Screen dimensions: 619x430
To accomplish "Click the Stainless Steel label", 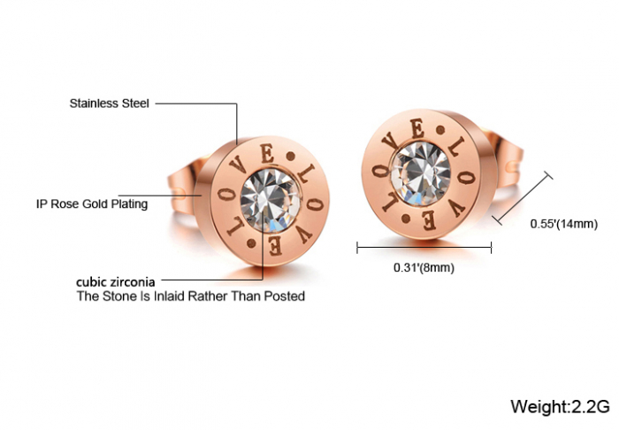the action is coord(110,104).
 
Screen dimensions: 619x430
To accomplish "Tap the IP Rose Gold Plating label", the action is coord(92,204).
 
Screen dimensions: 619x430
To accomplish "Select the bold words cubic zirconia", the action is coord(116,282).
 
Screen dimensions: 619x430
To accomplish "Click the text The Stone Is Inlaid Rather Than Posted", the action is coord(191,296).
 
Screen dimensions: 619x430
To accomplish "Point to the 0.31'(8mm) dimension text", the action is coord(424,268).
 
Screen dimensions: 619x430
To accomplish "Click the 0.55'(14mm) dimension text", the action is coord(564,224).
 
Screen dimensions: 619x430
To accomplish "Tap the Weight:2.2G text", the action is coord(560,406).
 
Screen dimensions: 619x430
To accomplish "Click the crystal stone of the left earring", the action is coord(271,200).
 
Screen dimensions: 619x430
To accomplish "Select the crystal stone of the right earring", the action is coord(421,173).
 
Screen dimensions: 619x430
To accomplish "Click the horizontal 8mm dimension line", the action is coord(424,248).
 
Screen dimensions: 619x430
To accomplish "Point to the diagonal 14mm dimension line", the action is coord(522,198).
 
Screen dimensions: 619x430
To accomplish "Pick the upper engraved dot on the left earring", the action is coord(291,157).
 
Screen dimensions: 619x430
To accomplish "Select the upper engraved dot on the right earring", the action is coord(440,129).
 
